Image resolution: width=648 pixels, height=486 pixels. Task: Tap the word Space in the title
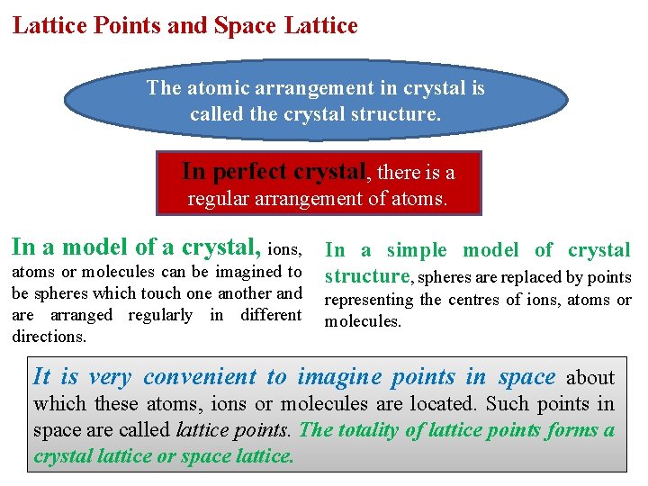coord(242,26)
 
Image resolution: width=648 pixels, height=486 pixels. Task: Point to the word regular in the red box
coord(218,199)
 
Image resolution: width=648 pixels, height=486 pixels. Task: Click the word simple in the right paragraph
coord(417,250)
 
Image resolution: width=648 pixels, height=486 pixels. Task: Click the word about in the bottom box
coord(591,378)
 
